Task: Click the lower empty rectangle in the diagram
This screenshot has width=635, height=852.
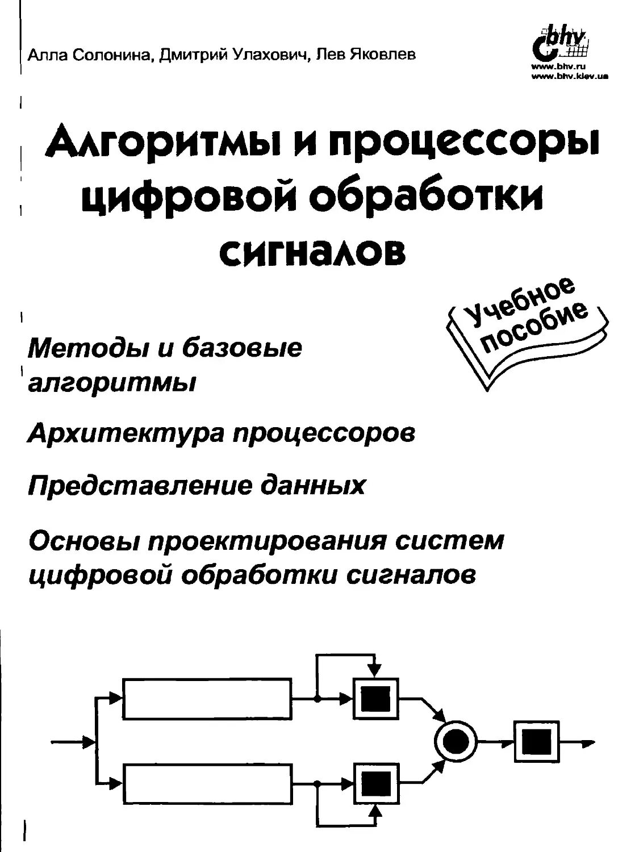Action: (208, 784)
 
